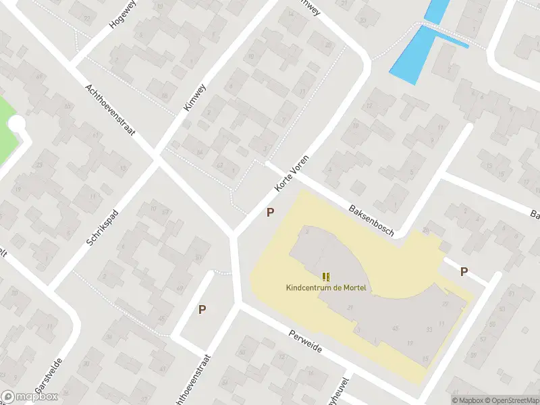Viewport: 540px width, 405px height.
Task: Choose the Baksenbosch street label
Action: [x=371, y=220]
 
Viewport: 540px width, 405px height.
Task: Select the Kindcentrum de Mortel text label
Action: [x=326, y=288]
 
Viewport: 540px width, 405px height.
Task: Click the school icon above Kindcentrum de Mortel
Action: [x=326, y=276]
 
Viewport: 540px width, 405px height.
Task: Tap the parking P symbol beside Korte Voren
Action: [x=270, y=212]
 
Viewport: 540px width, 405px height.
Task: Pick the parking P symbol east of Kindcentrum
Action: [x=464, y=271]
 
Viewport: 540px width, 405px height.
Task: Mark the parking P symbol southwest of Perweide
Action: [x=202, y=309]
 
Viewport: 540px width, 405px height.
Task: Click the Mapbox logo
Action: [x=30, y=397]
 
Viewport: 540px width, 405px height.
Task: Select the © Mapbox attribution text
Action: [x=466, y=400]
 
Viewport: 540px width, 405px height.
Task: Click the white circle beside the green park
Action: [x=16, y=124]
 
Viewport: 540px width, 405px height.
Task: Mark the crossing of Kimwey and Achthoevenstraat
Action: [x=157, y=157]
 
